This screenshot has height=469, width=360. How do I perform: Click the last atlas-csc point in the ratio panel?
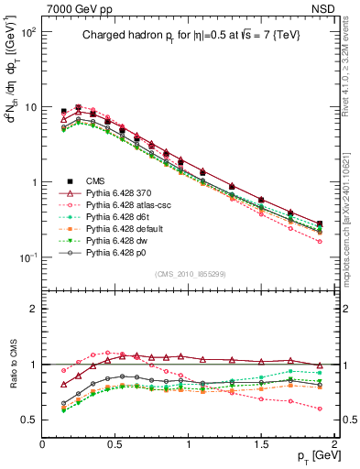[319, 409]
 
